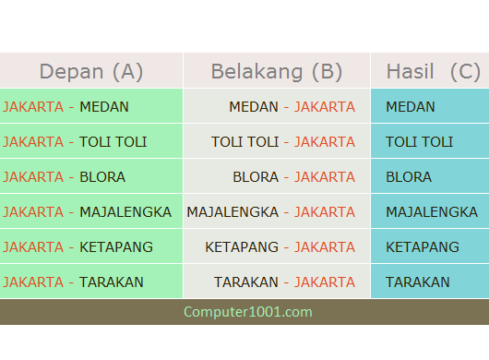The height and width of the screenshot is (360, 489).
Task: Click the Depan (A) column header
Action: click(91, 71)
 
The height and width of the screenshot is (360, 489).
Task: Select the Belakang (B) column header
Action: click(277, 71)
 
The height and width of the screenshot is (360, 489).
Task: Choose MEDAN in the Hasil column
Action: click(411, 107)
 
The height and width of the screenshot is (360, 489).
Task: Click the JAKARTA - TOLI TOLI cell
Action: click(75, 142)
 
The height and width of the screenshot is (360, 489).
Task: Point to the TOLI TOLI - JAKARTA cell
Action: click(283, 142)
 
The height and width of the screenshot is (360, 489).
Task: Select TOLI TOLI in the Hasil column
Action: click(420, 142)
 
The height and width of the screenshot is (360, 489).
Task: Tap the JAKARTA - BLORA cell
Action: click(64, 177)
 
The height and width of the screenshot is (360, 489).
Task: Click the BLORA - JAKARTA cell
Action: click(293, 177)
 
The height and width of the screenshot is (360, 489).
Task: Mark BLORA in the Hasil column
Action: click(409, 177)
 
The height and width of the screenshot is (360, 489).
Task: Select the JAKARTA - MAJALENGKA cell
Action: click(87, 212)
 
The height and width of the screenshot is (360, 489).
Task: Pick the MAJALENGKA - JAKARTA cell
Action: click(271, 212)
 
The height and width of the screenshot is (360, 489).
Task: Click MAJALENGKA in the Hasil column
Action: click(432, 212)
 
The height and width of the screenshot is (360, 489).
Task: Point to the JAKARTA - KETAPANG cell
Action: click(78, 247)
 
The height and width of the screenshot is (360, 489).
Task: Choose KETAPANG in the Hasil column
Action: click(423, 247)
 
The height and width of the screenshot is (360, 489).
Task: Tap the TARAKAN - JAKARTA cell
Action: click(284, 282)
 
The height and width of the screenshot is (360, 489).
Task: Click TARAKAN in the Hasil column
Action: click(418, 282)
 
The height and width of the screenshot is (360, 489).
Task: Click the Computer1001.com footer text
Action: click(248, 312)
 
